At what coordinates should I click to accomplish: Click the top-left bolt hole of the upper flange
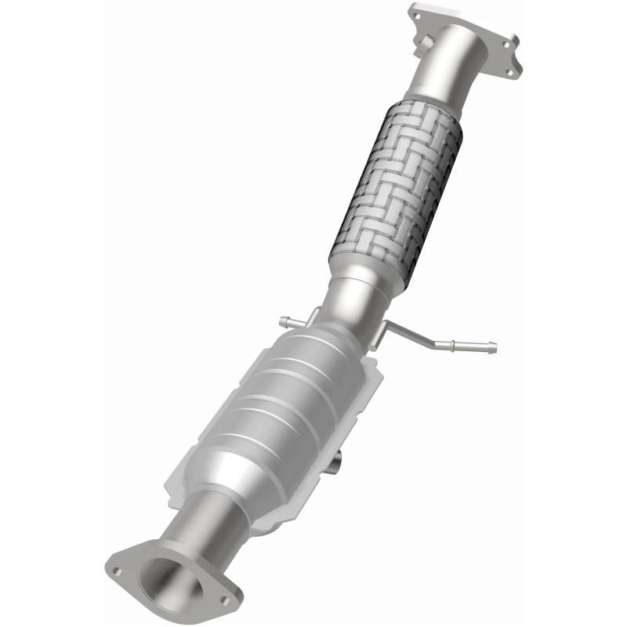pyautogui.click(x=415, y=13)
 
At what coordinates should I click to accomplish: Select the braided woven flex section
pyautogui.click(x=396, y=188)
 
